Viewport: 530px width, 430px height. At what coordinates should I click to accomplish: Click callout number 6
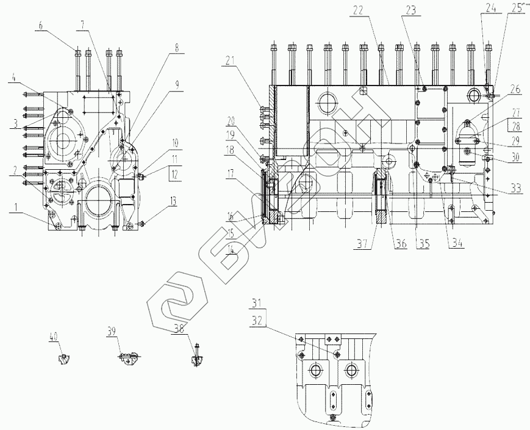pyautogui.click(x=41, y=26)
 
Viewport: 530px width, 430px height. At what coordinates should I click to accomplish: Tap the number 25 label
pyautogui.click(x=517, y=9)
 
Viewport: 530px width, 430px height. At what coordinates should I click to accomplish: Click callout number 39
pyautogui.click(x=111, y=331)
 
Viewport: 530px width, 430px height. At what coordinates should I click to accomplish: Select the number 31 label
pyautogui.click(x=257, y=302)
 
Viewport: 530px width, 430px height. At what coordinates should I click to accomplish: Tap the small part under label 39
pyautogui.click(x=127, y=360)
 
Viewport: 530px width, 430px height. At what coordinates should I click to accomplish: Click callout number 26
pyautogui.click(x=517, y=89)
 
